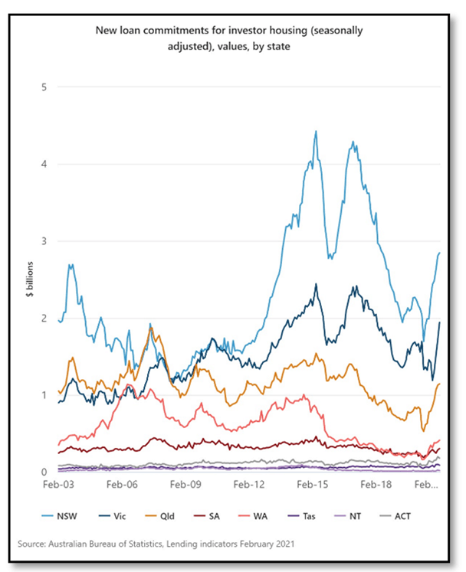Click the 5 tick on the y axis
click(x=44, y=87)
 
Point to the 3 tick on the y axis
click(x=44, y=240)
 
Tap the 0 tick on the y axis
click(x=44, y=472)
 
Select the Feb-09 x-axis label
click(x=185, y=485)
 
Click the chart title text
click(x=229, y=38)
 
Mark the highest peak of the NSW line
click(x=316, y=131)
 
